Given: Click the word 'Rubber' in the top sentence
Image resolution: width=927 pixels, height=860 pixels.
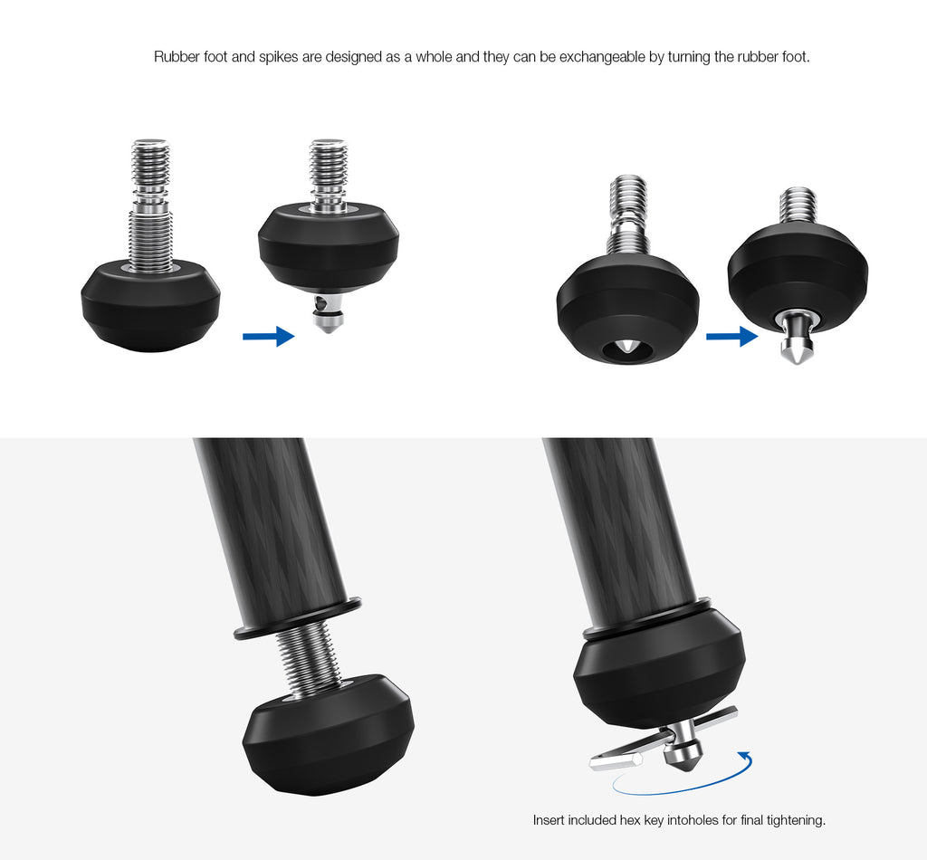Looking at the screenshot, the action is pos(172,57).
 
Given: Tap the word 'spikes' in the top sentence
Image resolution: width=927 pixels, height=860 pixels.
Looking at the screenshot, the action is pos(279,57).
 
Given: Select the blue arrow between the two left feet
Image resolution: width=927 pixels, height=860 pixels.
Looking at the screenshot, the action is pos(268,336).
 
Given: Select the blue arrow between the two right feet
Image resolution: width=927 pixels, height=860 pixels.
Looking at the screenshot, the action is pos(731,336).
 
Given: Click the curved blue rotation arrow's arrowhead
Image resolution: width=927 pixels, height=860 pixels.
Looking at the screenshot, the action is pos(746,756).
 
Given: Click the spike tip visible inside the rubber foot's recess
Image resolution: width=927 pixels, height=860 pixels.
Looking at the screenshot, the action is pos(627,349).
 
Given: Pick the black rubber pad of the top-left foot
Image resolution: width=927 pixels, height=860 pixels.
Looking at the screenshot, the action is pos(150,308).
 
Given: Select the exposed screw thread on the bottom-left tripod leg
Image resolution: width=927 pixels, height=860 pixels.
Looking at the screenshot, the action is pos(308,661).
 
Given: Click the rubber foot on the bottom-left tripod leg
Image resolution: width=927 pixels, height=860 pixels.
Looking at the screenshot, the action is pos(328,735).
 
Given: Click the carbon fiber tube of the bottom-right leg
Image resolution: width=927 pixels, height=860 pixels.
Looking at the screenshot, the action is pos(617,526).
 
